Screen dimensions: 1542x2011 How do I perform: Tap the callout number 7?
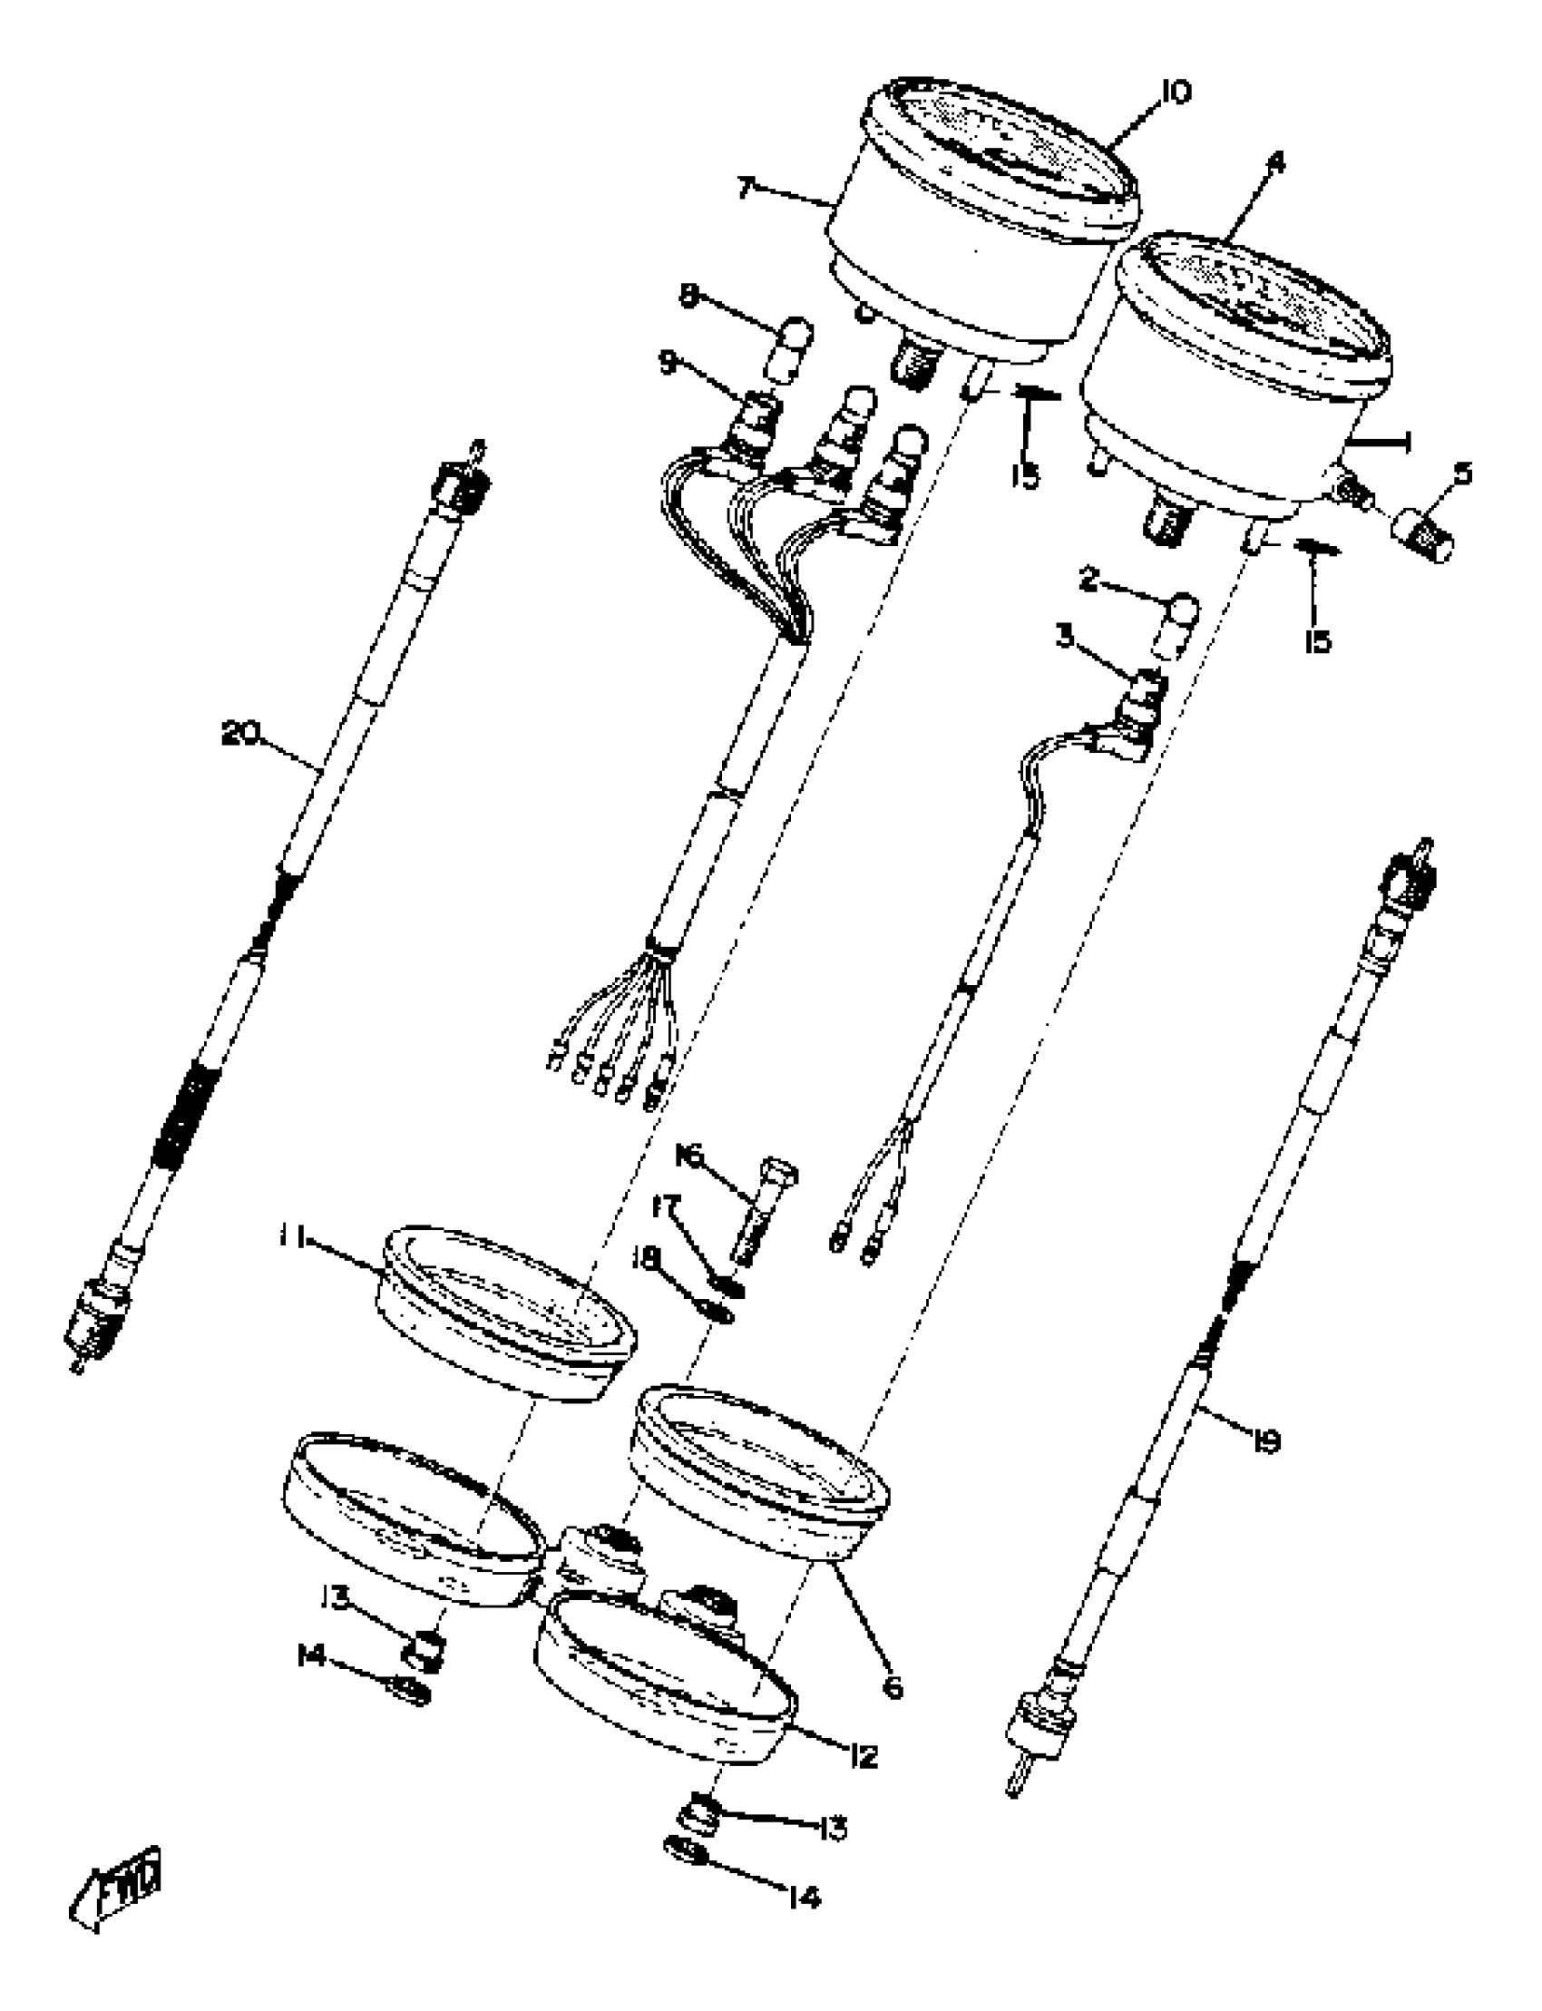pos(746,189)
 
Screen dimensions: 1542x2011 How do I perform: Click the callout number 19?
pos(1265,1444)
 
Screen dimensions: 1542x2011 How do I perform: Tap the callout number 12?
pos(863,1757)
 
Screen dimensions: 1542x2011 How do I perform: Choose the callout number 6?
pos(893,1687)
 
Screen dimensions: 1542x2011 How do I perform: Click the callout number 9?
pos(668,362)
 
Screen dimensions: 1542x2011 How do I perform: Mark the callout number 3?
pos(1065,635)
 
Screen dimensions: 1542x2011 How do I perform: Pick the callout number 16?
pos(689,1156)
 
